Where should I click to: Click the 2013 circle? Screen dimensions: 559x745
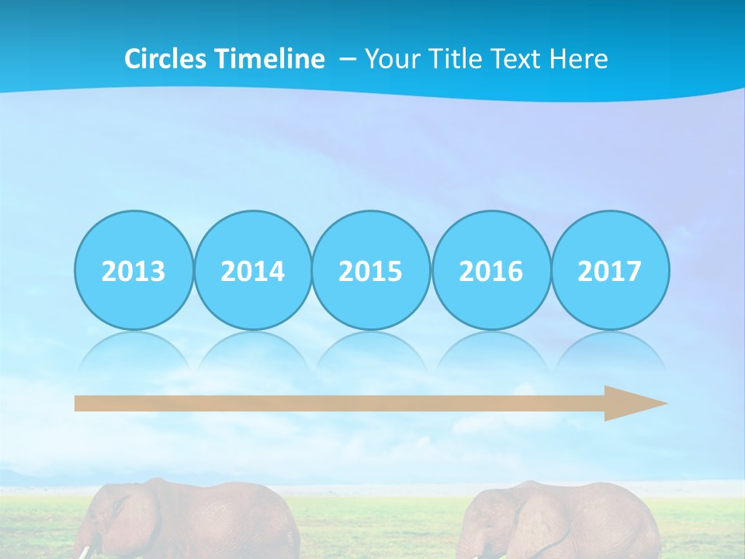point(133,270)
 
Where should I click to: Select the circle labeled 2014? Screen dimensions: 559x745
point(252,270)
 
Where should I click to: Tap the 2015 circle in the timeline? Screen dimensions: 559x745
point(371,270)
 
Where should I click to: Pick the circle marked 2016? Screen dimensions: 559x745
point(490,270)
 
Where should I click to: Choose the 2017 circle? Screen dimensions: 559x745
point(609,270)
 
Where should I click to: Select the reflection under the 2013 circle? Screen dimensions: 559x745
point(133,349)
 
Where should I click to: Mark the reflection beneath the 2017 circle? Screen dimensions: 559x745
point(609,349)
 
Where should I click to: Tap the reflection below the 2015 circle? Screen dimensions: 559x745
point(371,349)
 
